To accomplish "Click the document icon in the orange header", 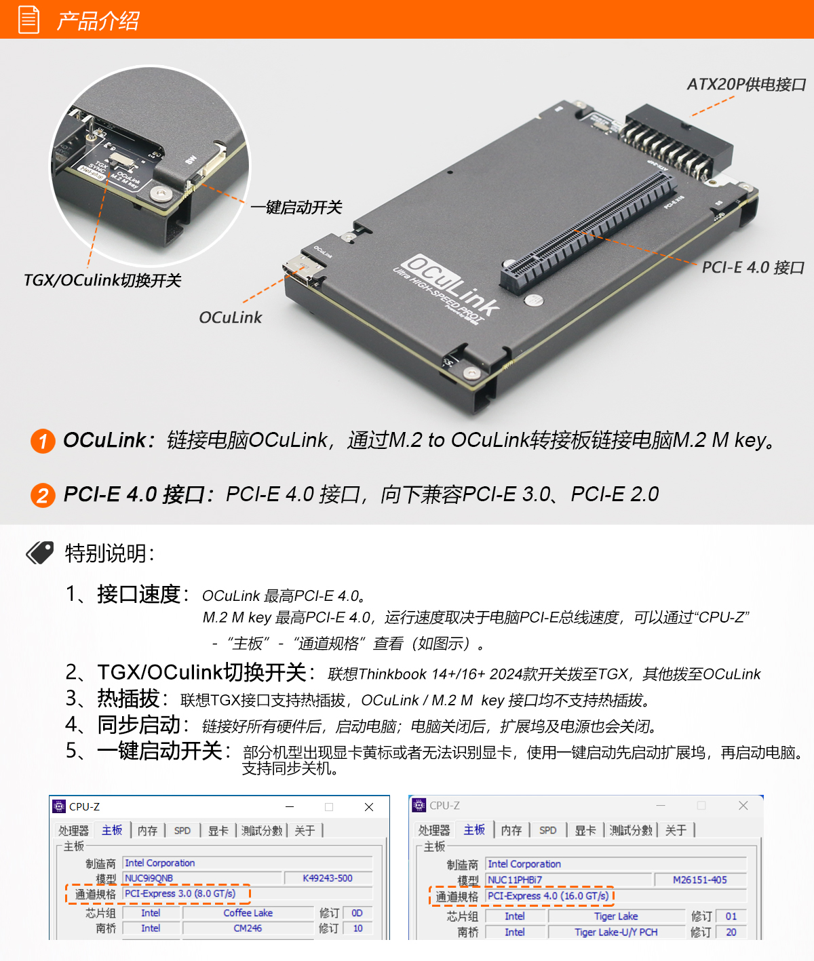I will [28, 19].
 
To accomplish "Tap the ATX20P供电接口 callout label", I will [746, 84].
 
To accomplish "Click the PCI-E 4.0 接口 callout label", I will [753, 267].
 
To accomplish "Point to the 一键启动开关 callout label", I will [296, 207].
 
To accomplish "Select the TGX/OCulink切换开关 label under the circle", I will [102, 280].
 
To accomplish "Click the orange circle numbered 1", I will [43, 442].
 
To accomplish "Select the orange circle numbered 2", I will [43, 495].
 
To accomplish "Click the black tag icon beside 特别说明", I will [40, 553].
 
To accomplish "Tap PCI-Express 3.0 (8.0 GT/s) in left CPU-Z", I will [180, 894].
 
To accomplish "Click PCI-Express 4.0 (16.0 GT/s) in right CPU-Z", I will [548, 896].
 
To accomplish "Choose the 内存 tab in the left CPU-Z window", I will [147, 831].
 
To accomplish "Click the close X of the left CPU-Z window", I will [369, 807].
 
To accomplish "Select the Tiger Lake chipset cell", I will [615, 916].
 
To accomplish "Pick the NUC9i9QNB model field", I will [149, 878].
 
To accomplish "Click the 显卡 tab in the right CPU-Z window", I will [585, 831].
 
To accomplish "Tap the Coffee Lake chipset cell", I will [248, 913].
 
